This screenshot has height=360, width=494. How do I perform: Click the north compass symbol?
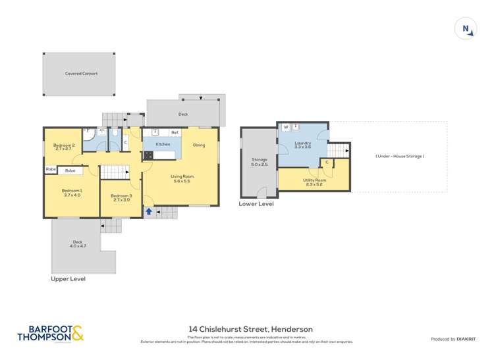(466, 28)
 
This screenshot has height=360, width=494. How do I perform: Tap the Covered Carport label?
(81, 74)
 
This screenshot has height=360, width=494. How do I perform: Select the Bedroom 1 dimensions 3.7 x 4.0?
(72, 195)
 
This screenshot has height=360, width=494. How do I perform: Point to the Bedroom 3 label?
(121, 195)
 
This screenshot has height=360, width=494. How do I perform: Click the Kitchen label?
(163, 144)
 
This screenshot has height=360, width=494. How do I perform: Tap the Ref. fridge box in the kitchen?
(175, 133)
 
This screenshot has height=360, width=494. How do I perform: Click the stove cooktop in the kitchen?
(148, 156)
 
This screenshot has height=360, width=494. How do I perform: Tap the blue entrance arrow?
(149, 211)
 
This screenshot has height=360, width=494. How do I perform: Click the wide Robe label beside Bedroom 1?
(70, 170)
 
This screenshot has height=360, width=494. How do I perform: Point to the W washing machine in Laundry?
(286, 127)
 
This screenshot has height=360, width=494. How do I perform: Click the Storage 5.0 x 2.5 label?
(259, 162)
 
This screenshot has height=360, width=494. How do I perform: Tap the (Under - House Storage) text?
(400, 156)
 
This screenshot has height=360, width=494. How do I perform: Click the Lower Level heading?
(256, 204)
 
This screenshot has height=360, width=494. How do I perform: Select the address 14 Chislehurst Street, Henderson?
(250, 329)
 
